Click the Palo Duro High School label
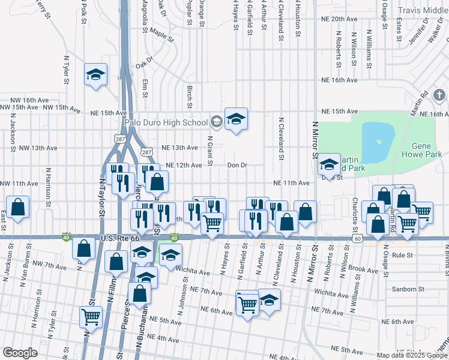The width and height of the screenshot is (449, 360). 166,123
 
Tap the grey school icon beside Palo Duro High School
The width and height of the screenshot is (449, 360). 216,122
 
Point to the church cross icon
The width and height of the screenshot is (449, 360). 439,95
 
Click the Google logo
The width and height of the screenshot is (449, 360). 20,353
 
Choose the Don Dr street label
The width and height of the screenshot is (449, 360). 237,165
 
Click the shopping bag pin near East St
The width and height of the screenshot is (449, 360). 18,207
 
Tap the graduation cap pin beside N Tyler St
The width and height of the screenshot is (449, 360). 95,74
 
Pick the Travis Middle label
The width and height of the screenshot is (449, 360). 423,10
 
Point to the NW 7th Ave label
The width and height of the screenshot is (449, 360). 49,263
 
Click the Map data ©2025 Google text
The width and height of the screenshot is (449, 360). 411,355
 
